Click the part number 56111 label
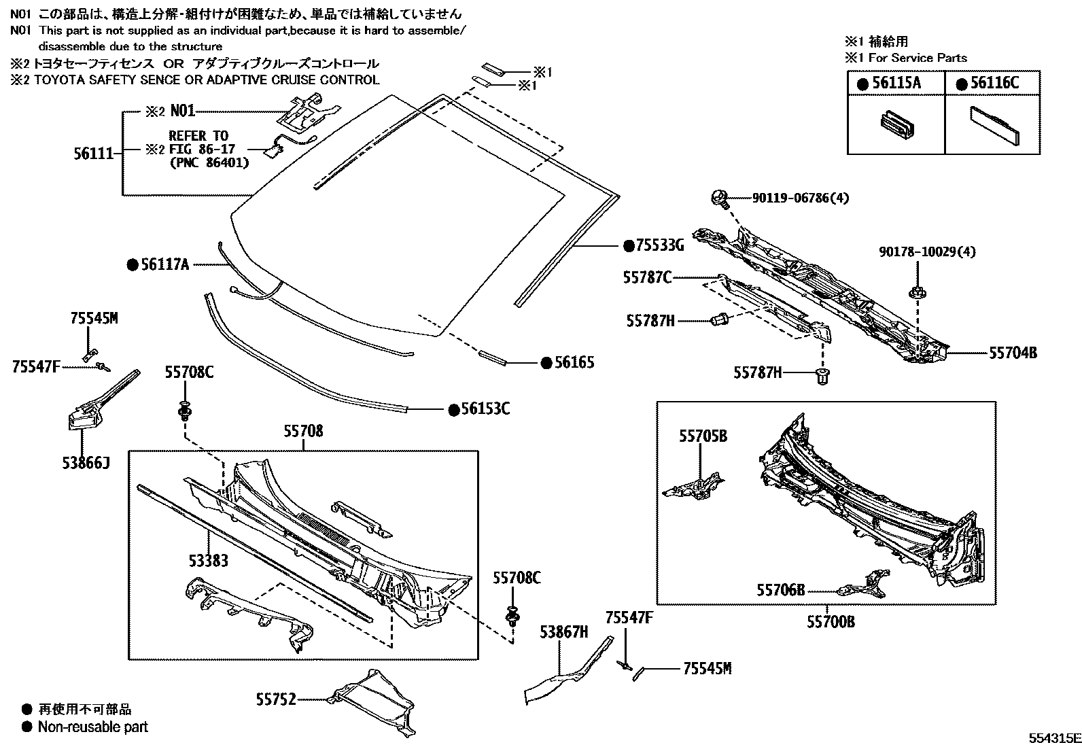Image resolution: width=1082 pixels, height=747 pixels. point(92,154)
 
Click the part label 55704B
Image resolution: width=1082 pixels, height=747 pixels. point(1013,353)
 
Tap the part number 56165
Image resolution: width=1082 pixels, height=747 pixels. point(574,363)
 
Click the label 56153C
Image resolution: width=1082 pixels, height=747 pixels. point(485,409)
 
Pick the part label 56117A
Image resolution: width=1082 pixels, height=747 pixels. point(164,265)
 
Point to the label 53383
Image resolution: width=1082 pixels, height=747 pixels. point(208,561)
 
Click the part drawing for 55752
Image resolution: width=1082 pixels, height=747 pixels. point(374,700)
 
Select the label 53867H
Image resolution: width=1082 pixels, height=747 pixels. point(563,632)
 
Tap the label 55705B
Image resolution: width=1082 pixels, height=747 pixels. point(703,436)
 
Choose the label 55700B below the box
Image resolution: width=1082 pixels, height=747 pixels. point(831,621)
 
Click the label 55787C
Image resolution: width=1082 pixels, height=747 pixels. point(647,277)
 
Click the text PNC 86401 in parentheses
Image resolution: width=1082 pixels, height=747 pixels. point(209,163)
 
